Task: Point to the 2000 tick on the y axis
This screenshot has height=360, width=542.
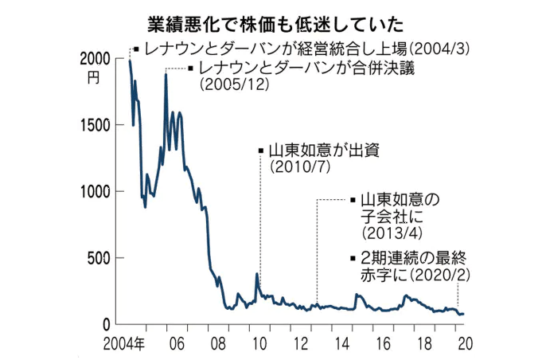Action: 96,58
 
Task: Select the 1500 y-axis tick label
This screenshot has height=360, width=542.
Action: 96,125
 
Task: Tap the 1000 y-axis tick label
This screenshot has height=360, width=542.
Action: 96,191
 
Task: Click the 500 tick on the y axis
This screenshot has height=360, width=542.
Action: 101,258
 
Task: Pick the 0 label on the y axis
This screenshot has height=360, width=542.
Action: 111,324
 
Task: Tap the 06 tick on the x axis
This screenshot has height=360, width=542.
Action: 177,344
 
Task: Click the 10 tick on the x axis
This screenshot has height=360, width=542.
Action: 259,344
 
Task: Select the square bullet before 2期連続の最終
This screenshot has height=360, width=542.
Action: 353,257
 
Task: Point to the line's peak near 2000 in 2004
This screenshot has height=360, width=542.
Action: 130,60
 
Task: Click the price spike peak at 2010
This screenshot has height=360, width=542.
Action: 257,274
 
